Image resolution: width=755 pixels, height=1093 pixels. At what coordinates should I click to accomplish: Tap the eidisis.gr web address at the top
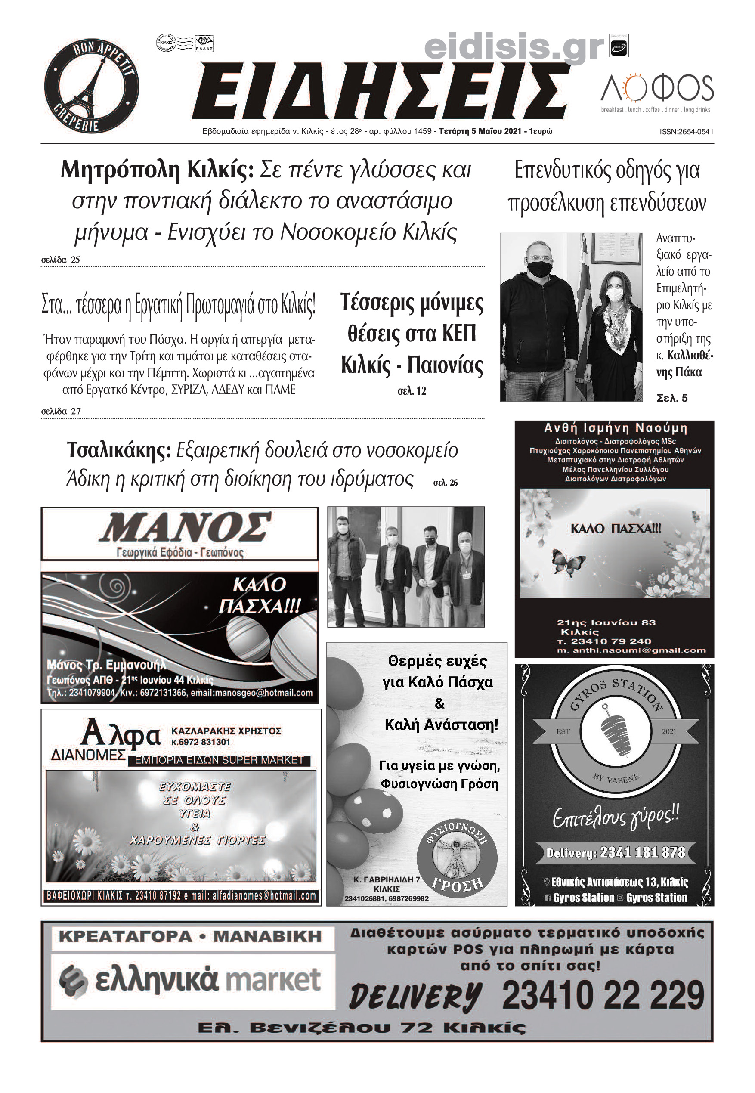(514, 47)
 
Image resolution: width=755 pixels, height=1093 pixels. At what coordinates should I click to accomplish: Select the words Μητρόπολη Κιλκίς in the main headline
(157, 170)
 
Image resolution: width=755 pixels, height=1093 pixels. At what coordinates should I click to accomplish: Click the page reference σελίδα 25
(61, 260)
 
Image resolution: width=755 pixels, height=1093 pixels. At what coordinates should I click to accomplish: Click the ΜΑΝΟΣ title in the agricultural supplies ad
(185, 527)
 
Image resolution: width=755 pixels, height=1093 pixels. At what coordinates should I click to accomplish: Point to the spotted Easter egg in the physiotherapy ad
(374, 811)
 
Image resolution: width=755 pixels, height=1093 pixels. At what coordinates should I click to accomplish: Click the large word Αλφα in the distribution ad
(121, 734)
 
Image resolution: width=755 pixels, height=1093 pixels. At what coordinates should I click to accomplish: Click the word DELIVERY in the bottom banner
(415, 996)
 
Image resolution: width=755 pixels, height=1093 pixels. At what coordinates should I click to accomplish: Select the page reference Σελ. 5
(672, 398)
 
